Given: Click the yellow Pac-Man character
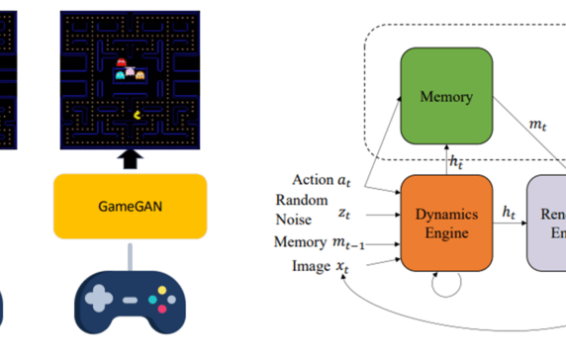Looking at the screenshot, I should [136, 114].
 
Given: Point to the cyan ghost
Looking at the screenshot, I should [121, 73].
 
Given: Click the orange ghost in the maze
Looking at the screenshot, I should [141, 73].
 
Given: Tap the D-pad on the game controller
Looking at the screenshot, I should [99, 298].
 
